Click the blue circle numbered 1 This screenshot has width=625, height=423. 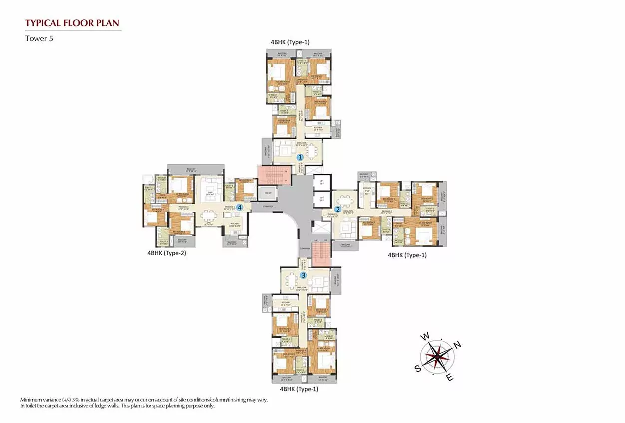point(300,157)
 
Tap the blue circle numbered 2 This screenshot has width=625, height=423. point(338,209)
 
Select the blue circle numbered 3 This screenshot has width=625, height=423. point(303,275)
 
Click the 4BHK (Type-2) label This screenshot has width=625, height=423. point(166,253)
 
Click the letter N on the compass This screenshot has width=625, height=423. point(458,345)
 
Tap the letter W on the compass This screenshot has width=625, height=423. point(425,337)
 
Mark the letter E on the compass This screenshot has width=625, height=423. point(449,378)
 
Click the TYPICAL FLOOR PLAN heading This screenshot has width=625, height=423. point(72,23)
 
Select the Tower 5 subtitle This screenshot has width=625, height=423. point(39,38)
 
